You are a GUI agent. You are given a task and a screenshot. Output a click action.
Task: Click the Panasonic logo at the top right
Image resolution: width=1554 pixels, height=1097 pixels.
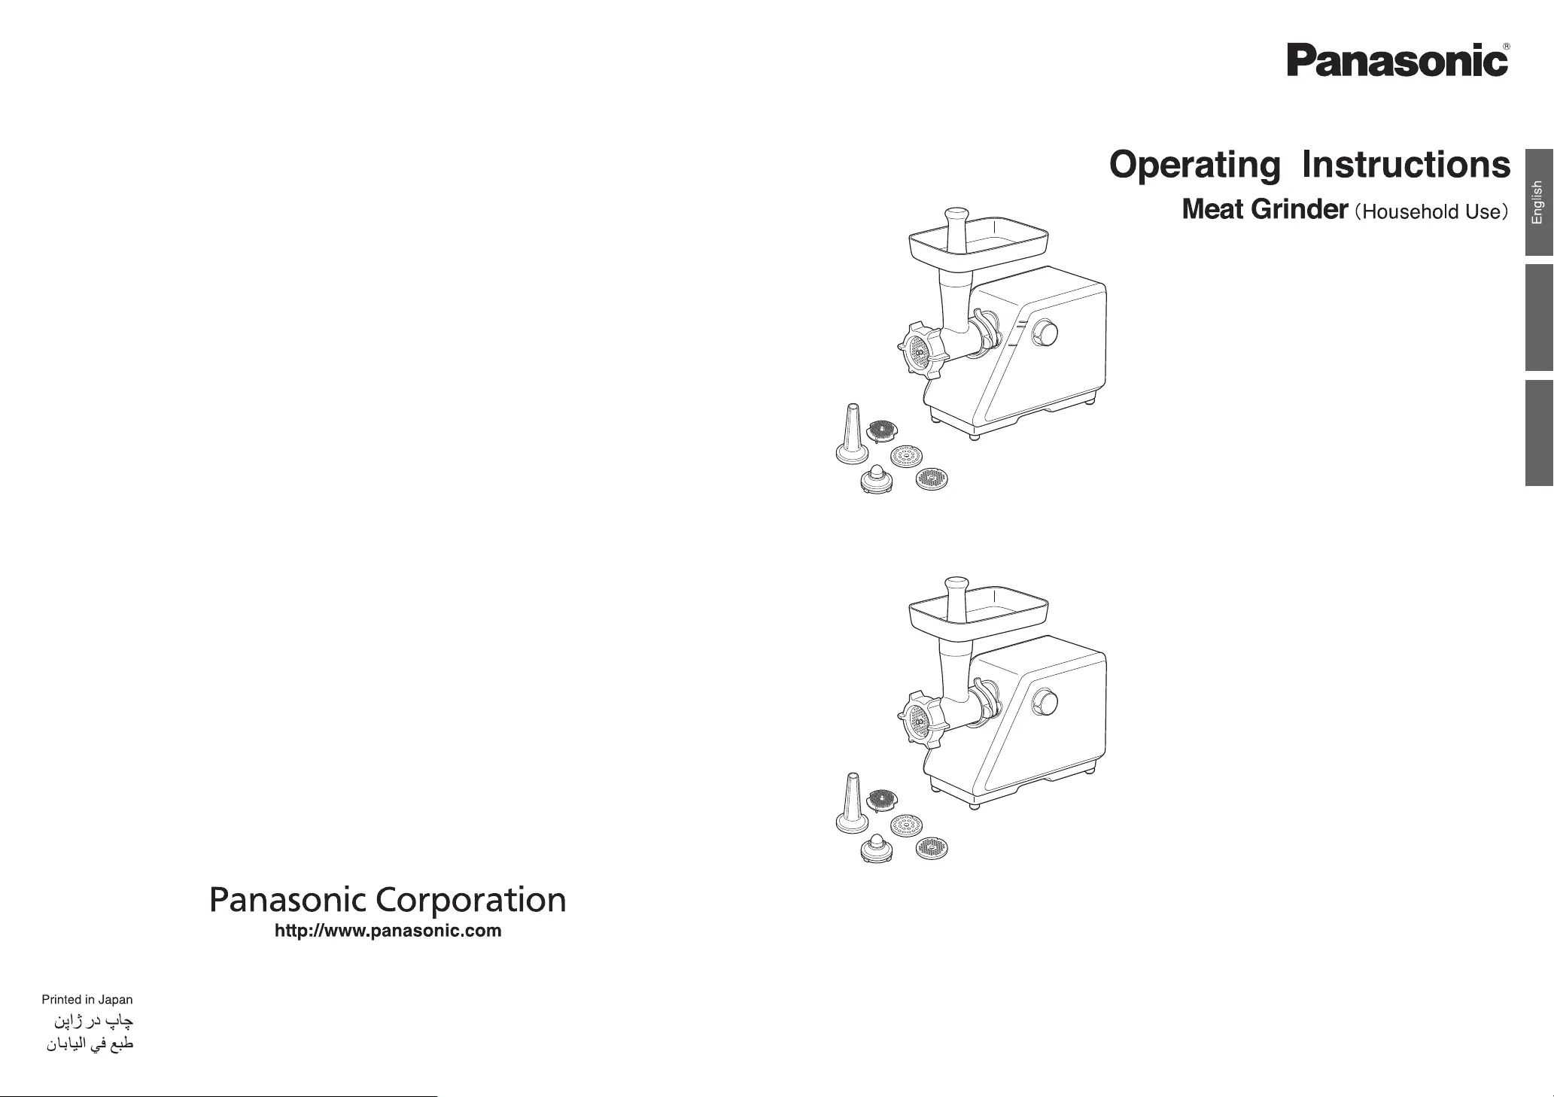(x=1397, y=60)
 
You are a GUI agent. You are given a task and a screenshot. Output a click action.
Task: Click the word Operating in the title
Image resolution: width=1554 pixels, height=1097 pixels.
(x=1194, y=166)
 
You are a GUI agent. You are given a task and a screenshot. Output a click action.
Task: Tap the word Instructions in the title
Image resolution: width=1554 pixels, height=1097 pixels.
(x=1406, y=164)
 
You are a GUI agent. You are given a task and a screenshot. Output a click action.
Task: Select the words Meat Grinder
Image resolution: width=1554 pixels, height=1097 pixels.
(x=1264, y=209)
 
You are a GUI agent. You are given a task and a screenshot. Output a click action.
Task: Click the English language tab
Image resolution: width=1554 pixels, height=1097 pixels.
(x=1539, y=202)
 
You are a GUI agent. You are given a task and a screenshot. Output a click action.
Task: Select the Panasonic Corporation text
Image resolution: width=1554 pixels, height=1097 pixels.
(x=388, y=900)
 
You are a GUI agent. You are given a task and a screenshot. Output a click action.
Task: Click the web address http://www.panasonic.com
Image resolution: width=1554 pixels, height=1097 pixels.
(x=388, y=931)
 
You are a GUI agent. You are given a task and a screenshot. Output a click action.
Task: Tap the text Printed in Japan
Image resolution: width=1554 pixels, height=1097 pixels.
(x=87, y=1000)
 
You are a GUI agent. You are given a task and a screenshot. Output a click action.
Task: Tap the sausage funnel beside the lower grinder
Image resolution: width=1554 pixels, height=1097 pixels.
(x=853, y=807)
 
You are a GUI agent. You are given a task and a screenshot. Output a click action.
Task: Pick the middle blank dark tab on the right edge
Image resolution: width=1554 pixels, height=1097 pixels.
(x=1539, y=318)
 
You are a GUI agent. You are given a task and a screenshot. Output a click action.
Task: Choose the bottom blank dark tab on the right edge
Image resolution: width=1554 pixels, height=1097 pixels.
(x=1539, y=433)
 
